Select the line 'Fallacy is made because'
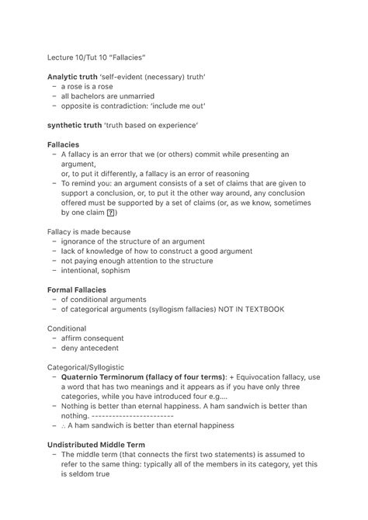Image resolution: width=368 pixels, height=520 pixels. [x=89, y=231]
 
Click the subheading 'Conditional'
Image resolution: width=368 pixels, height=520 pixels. [x=66, y=328]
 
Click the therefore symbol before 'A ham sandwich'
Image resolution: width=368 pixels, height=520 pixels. [x=64, y=425]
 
